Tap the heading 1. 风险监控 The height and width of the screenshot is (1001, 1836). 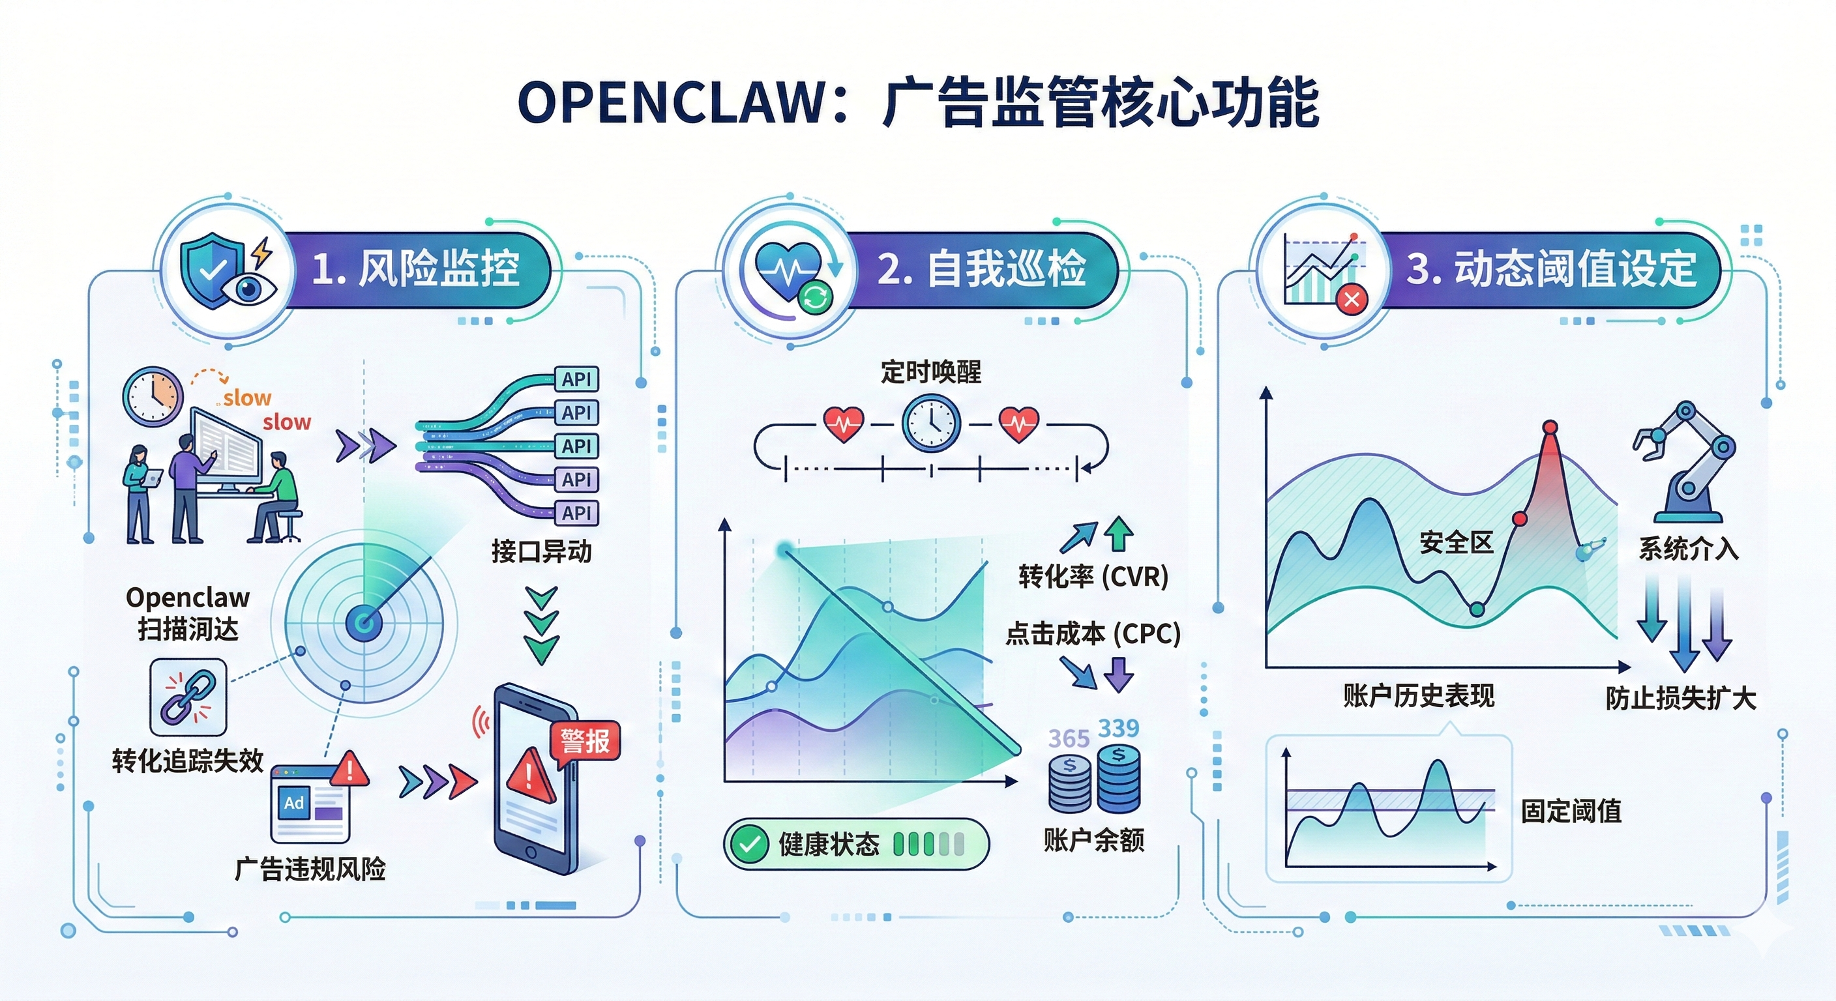[415, 269]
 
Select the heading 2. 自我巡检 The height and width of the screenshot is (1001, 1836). [981, 269]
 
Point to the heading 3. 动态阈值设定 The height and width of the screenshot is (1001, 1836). [1551, 269]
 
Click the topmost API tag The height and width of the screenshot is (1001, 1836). [576, 379]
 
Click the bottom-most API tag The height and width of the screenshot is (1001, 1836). [576, 513]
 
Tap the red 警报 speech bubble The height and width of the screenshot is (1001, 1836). [585, 741]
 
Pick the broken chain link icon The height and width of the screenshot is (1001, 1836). [188, 697]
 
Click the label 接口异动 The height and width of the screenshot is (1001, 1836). [542, 551]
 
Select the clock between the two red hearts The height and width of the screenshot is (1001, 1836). [931, 423]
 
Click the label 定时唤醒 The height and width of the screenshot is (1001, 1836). [931, 372]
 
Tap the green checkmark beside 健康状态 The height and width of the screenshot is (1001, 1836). [749, 844]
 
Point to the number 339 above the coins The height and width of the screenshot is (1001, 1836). [1118, 728]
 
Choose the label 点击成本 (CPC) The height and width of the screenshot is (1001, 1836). [1093, 633]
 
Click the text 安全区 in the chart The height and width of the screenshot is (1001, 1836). [1456, 543]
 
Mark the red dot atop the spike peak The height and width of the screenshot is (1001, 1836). [1550, 428]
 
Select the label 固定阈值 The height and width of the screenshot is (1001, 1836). [1571, 811]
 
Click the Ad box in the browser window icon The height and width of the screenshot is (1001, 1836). [293, 804]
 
